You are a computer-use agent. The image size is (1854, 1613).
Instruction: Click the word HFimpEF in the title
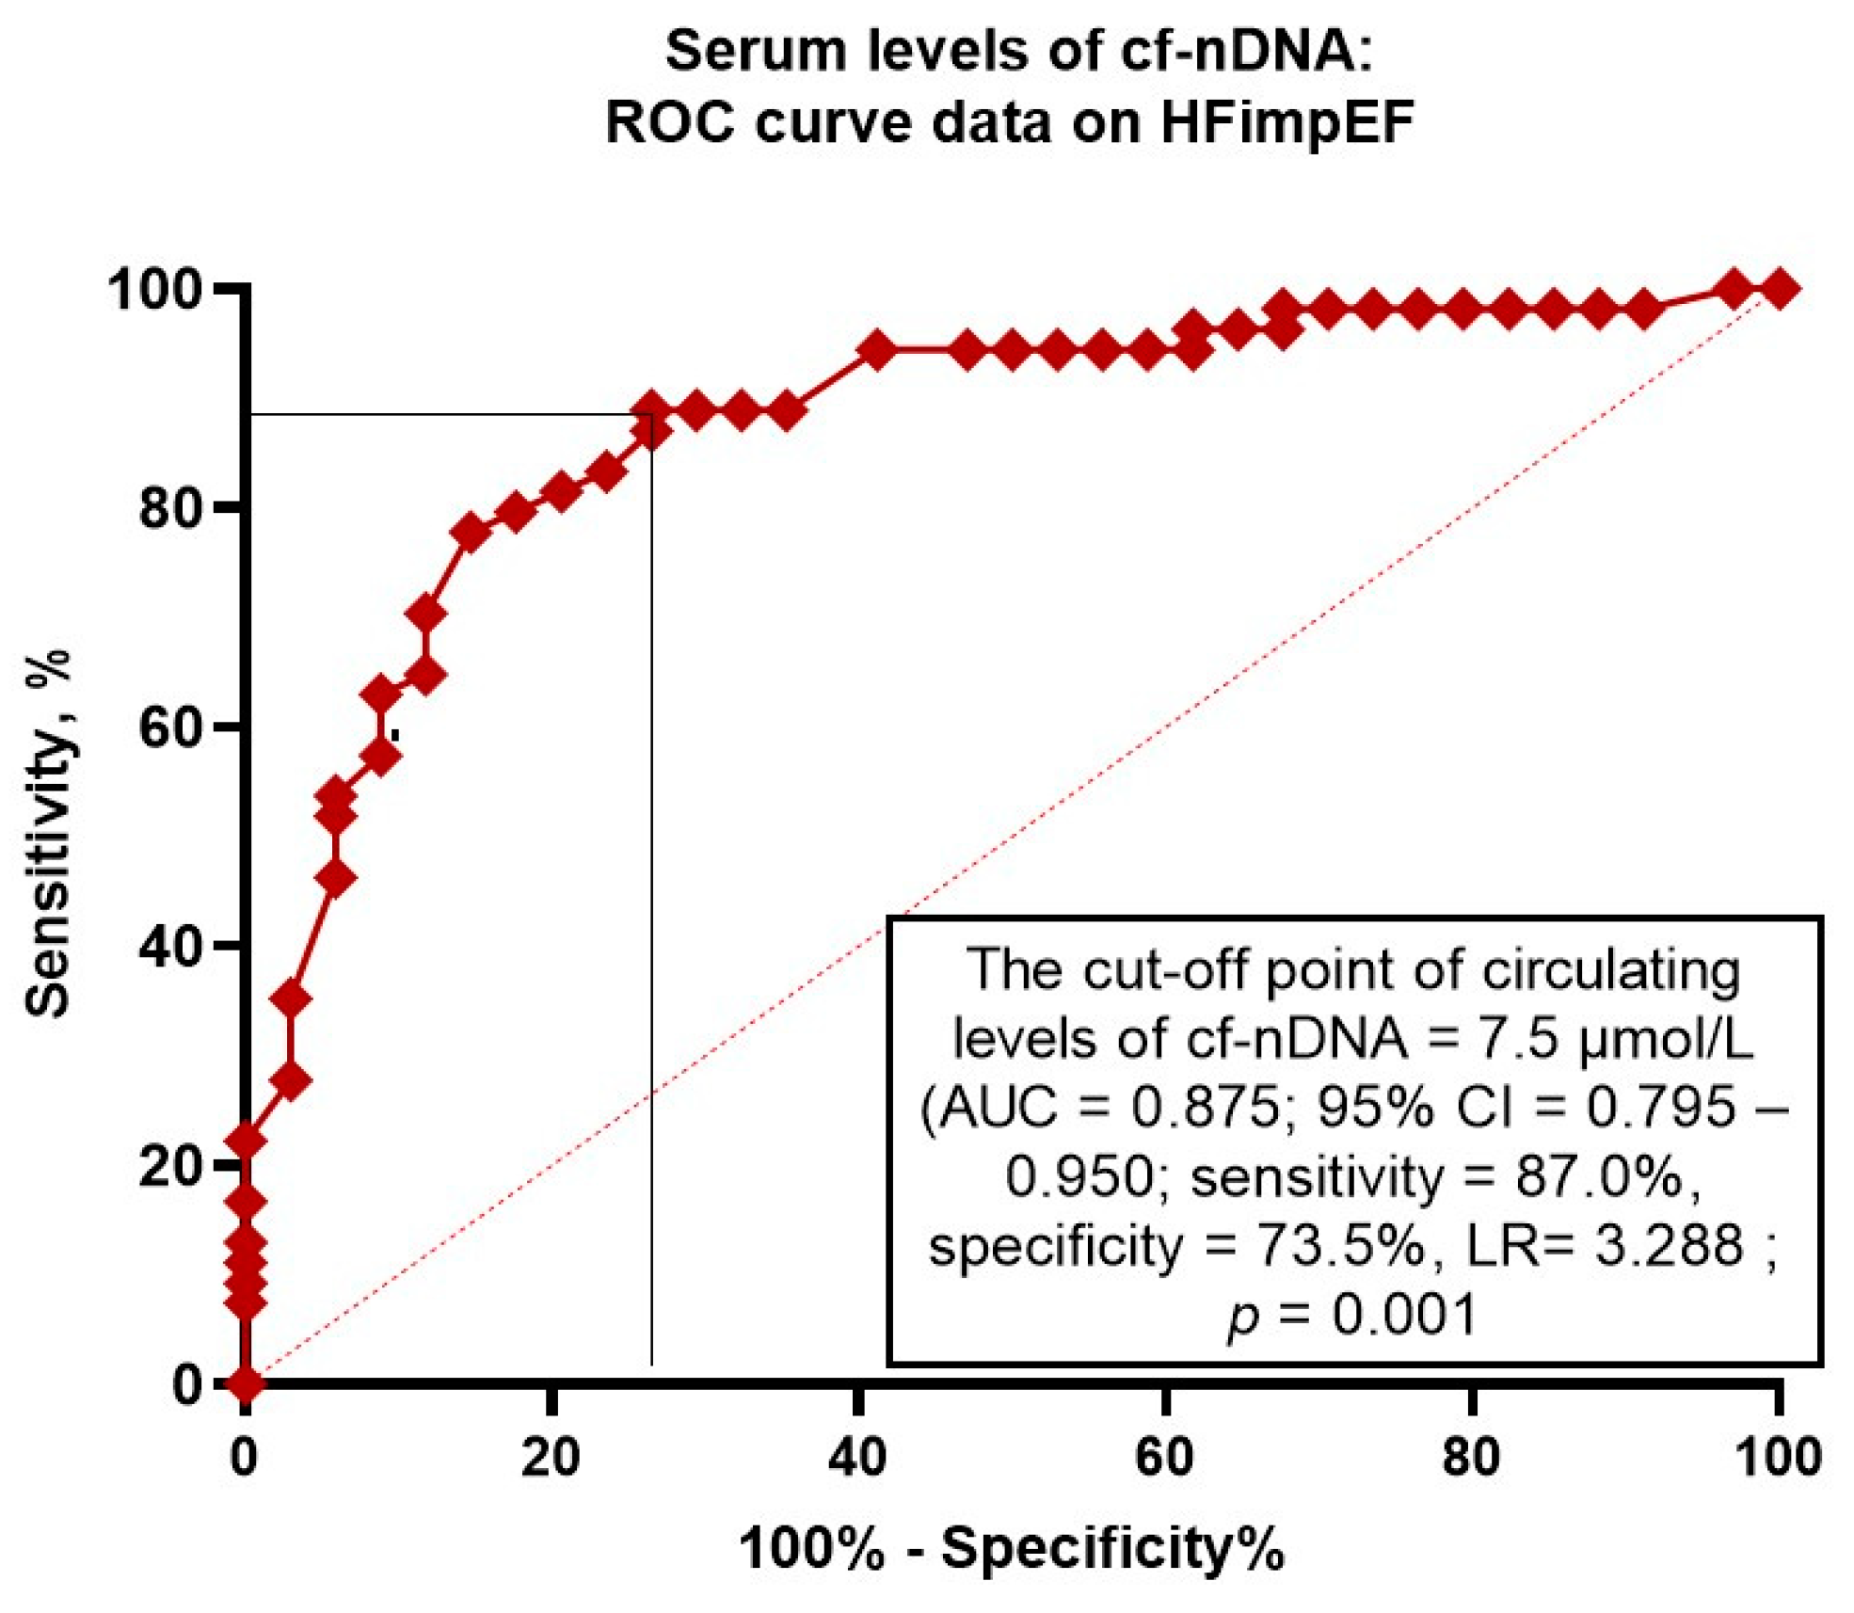[x=1287, y=122]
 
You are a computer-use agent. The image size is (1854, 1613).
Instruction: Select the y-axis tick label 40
[x=171, y=947]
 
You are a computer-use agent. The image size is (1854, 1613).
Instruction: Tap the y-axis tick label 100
[x=155, y=289]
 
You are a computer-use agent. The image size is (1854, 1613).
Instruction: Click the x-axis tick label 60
[x=1165, y=1457]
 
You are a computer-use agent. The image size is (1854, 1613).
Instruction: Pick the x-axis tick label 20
[x=551, y=1457]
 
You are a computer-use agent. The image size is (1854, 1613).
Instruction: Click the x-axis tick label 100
[x=1778, y=1457]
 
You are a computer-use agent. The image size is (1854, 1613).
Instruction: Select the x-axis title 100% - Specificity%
[x=1011, y=1548]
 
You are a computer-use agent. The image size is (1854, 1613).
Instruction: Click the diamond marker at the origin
[x=246, y=1383]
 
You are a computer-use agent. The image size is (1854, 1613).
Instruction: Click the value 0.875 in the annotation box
[x=1206, y=1106]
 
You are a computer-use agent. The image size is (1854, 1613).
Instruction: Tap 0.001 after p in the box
[x=1404, y=1315]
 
